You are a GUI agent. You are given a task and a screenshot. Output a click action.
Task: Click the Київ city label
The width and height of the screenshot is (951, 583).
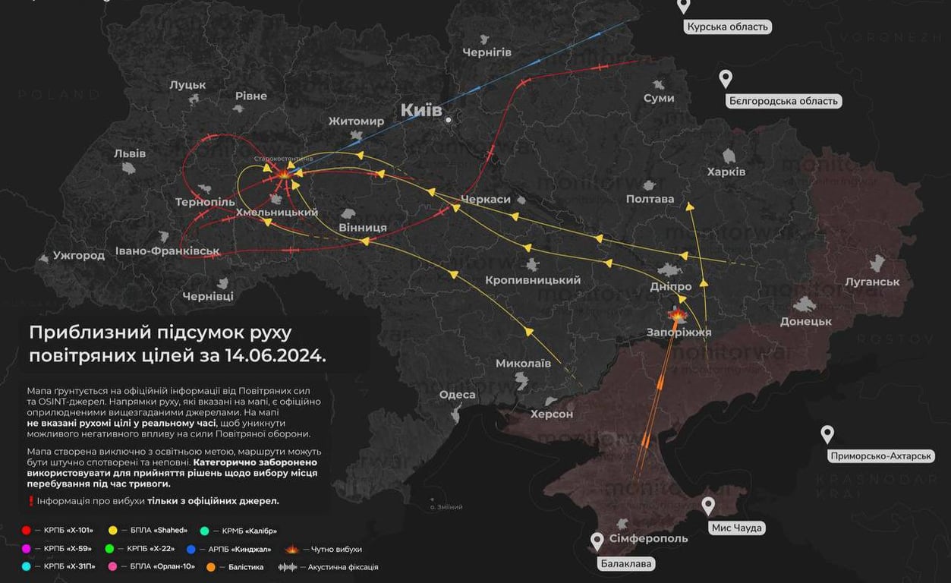point(420,111)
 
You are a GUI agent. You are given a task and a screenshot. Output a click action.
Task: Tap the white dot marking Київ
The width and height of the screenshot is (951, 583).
point(449,120)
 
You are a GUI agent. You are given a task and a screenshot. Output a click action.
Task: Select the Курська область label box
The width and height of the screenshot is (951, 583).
point(727,27)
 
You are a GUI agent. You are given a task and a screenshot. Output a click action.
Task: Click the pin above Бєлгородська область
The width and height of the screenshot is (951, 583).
point(726,78)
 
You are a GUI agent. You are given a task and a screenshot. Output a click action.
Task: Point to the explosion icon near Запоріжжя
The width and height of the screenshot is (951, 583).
point(677,314)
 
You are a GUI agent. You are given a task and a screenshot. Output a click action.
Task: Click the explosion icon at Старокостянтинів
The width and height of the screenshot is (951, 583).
point(283,174)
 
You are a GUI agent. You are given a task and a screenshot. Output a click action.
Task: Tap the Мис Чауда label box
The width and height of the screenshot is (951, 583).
point(736,528)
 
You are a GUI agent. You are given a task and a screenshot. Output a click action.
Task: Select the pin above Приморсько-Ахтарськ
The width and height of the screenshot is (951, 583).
point(827,434)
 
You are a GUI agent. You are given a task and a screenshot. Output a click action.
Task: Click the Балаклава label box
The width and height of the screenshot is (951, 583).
point(626,563)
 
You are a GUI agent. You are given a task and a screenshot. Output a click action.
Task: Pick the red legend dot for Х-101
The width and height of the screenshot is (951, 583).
point(27,530)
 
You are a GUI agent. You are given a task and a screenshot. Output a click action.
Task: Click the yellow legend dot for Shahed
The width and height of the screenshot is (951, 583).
point(113,530)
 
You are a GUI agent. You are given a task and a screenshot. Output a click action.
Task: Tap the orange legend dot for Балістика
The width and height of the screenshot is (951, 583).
point(211,567)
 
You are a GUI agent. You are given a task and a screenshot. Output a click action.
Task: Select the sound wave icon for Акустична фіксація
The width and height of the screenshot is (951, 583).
point(288,567)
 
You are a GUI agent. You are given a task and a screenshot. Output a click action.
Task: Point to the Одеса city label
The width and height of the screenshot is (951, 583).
point(457,395)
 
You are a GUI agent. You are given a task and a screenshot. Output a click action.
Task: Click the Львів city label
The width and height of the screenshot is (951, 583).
point(130,153)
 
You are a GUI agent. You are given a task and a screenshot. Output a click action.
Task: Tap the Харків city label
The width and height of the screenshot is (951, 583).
point(726,172)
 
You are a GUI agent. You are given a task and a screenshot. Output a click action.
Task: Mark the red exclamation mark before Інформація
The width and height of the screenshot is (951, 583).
point(31,501)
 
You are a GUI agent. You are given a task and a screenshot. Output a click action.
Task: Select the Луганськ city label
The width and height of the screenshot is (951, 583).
point(872,282)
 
